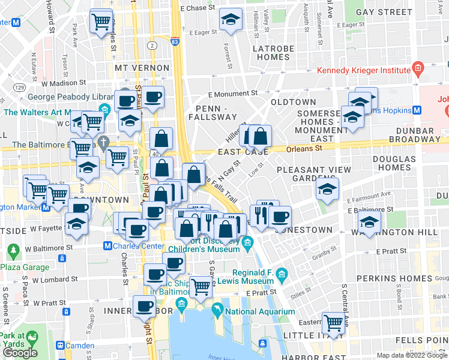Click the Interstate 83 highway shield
[174, 43]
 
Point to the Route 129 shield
[20, 88]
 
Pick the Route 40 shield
[155, 154]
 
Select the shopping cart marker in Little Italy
[334, 322]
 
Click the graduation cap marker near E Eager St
[231, 20]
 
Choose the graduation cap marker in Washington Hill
[370, 221]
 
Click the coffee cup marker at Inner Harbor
[145, 307]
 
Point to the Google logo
[20, 353]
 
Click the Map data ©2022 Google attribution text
[412, 355]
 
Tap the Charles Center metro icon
[107, 245]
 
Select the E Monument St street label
[233, 94]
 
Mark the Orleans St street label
[304, 148]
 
